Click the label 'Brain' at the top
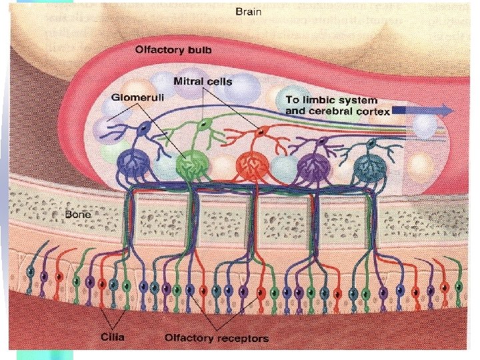[248, 11]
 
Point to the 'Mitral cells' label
[203, 82]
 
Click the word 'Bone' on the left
[77, 215]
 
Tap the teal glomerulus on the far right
[371, 165]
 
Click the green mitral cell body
[206, 125]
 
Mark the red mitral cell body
[257, 133]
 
